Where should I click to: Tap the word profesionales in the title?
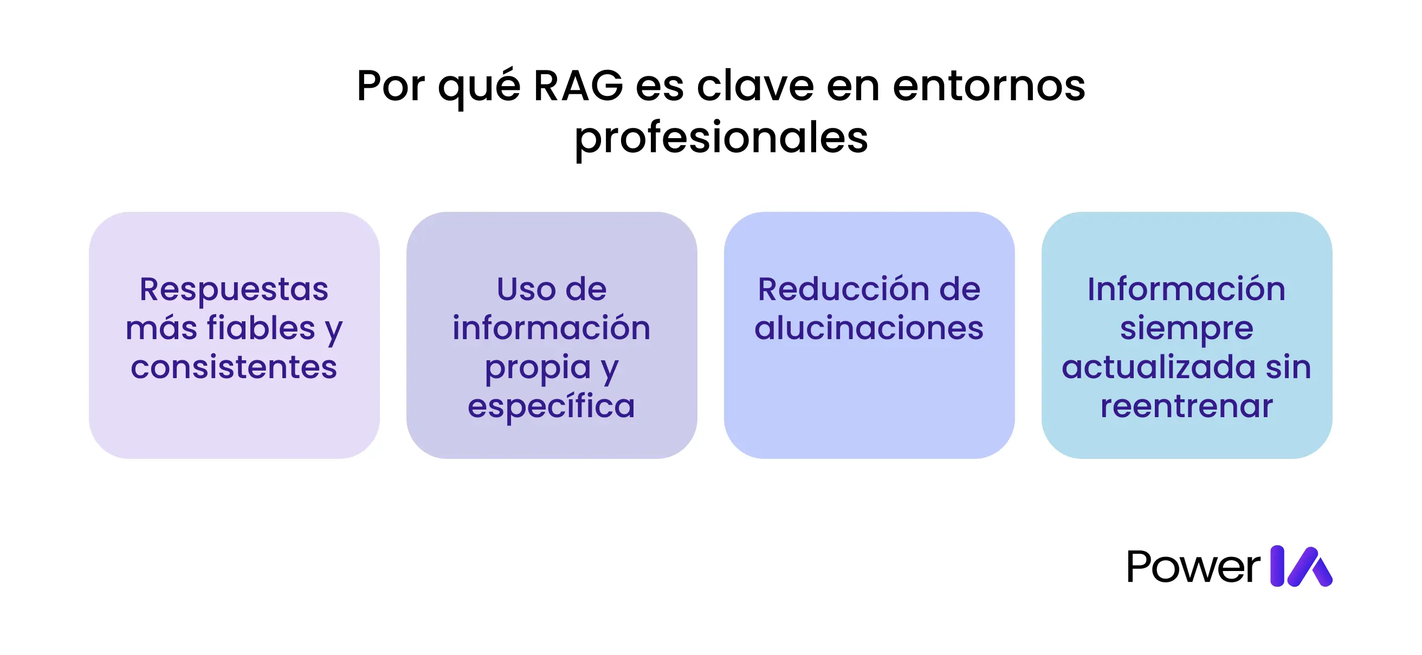[x=721, y=138]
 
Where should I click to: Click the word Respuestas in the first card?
[x=234, y=289]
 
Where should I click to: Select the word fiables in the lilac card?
[x=261, y=328]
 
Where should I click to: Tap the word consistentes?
[x=234, y=367]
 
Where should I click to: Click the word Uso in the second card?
[x=526, y=289]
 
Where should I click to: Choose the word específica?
[x=552, y=407]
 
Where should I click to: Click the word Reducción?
[x=837, y=289]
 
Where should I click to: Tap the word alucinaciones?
[x=869, y=328]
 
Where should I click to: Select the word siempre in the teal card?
[x=1186, y=329]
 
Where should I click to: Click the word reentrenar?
[x=1186, y=406]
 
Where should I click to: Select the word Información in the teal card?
[x=1186, y=289]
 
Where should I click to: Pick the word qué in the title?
[x=479, y=87]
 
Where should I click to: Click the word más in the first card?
[x=160, y=328]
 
